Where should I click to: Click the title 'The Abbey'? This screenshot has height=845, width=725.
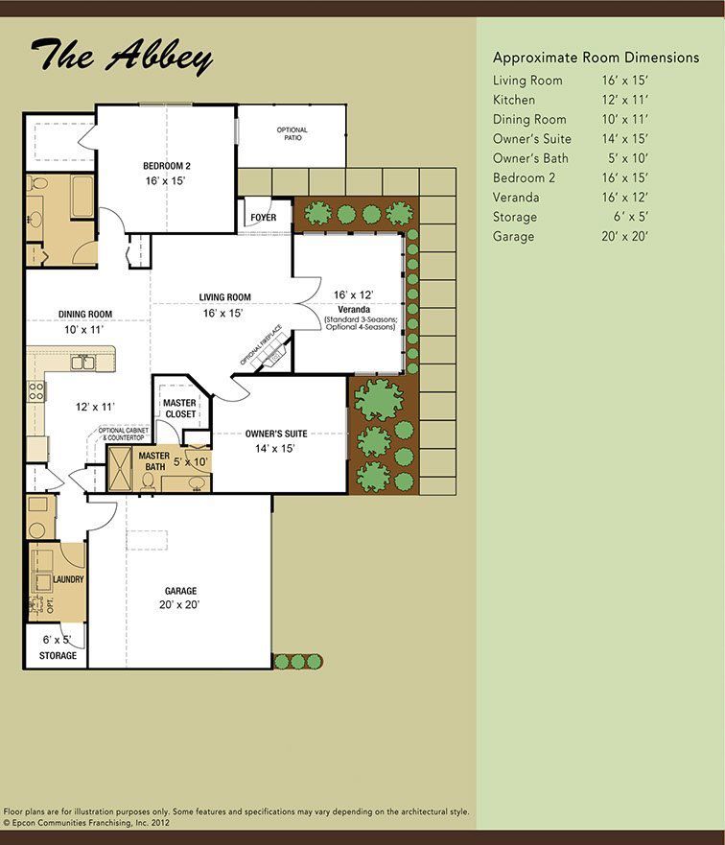tap(122, 56)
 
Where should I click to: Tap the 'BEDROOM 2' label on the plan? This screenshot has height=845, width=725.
tap(167, 166)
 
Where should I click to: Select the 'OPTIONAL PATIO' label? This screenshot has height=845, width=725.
tap(292, 133)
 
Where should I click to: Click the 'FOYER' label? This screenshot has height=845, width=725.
tap(264, 217)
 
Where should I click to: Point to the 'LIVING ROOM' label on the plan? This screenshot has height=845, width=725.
tap(224, 297)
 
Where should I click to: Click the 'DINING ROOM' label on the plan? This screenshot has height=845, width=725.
tap(85, 314)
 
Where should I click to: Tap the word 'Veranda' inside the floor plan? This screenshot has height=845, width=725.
tap(354, 310)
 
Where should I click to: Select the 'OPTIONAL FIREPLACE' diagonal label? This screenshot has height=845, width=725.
tap(261, 345)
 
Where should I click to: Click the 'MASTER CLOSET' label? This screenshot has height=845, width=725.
tap(180, 408)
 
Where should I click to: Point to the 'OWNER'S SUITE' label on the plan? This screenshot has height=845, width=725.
tap(276, 434)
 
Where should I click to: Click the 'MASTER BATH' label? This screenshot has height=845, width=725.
tap(154, 460)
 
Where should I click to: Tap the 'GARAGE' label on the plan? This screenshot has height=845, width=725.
tap(180, 591)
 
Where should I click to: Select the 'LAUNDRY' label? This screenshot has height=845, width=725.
tap(68, 579)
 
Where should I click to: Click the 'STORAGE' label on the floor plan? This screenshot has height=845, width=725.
tap(58, 655)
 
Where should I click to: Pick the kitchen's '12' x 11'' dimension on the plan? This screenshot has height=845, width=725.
tap(95, 407)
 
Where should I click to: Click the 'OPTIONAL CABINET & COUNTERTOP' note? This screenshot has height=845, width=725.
tap(124, 434)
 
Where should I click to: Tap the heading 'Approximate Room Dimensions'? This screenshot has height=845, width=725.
tap(596, 58)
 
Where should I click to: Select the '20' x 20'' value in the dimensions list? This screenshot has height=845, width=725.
tap(625, 236)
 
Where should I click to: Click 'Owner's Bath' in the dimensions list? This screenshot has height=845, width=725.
tap(530, 158)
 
